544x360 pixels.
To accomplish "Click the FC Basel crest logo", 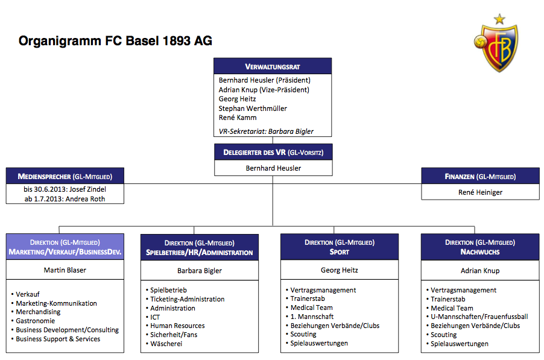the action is pyautogui.click(x=496, y=48).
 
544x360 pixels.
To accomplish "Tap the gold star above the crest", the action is pyautogui.click(x=499, y=19).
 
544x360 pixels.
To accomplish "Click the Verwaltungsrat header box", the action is pyautogui.click(x=273, y=66).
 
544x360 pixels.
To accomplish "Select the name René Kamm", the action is pyautogui.click(x=238, y=118).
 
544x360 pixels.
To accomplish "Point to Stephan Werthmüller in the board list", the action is pyautogui.click(x=253, y=109).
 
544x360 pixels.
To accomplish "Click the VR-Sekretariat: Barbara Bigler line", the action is pyautogui.click(x=266, y=131).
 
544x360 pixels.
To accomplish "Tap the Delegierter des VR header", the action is pyautogui.click(x=273, y=152).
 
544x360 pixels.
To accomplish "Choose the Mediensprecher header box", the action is pyautogui.click(x=65, y=176).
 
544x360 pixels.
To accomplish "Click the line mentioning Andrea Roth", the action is pyautogui.click(x=65, y=199).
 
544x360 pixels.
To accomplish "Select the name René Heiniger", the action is pyautogui.click(x=480, y=192).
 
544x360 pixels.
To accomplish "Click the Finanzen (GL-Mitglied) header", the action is pyautogui.click(x=481, y=176).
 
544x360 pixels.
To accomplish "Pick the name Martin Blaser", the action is pyautogui.click(x=65, y=270).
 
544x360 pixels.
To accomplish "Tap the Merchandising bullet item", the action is pyautogui.click(x=36, y=312).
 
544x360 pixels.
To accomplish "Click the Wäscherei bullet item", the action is pyautogui.click(x=164, y=344).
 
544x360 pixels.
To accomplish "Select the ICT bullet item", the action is pyautogui.click(x=153, y=317).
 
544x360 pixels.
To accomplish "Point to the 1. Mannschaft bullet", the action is pyautogui.click(x=309, y=317).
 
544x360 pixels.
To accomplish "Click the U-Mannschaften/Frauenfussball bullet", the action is pyautogui.click(x=477, y=317).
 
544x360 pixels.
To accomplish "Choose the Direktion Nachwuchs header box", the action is pyautogui.click(x=480, y=247).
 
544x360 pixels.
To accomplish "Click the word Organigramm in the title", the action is pyautogui.click(x=60, y=41).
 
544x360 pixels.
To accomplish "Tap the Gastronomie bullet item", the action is pyautogui.click(x=33, y=321).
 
